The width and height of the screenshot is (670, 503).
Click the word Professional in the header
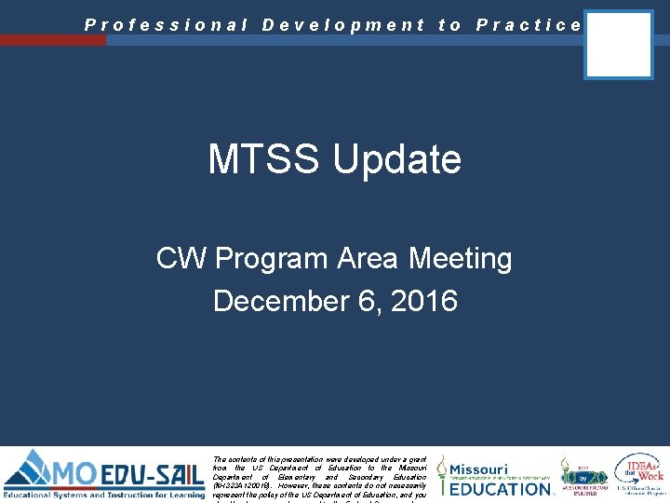tap(167, 25)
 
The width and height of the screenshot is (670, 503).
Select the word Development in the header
tap(343, 25)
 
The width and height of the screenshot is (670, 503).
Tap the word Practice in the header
tap(529, 25)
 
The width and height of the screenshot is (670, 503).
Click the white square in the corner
tap(619, 45)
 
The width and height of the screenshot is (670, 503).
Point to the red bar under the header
tap(53, 40)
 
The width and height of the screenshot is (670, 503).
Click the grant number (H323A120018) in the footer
tap(247, 485)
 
